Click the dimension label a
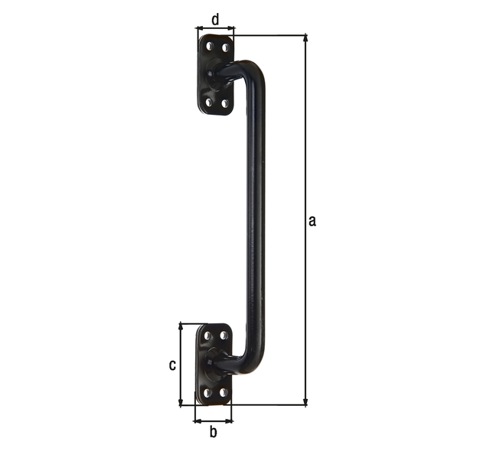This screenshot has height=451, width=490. tap(312, 222)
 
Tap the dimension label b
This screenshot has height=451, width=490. tap(214, 433)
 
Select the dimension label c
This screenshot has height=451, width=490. tap(172, 365)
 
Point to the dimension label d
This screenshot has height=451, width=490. tap(215, 18)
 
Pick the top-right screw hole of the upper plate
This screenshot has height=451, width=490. tap(225, 47)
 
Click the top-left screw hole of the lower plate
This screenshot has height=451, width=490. tap(207, 336)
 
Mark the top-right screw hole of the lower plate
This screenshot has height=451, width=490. tap(224, 335)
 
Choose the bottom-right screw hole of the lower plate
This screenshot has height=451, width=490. tap(223, 392)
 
